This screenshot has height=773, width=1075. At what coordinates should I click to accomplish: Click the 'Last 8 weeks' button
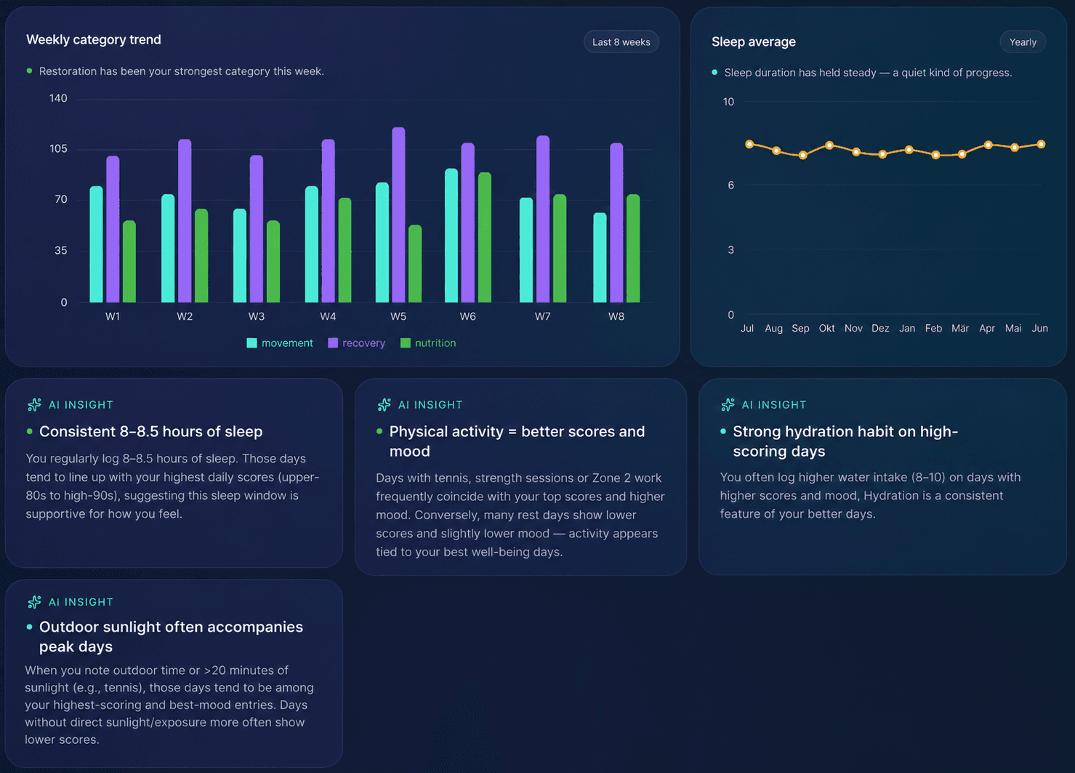(x=621, y=42)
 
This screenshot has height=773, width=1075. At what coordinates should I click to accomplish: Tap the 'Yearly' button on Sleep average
(x=1023, y=42)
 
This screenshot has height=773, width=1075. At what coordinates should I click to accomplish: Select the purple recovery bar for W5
(x=398, y=215)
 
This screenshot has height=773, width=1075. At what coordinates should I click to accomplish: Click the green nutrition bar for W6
(x=485, y=237)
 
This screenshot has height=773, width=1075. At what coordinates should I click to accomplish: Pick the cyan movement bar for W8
(x=600, y=257)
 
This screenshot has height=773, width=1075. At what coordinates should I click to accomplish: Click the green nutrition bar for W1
(x=129, y=261)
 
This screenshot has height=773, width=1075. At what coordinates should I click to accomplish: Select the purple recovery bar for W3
(x=257, y=228)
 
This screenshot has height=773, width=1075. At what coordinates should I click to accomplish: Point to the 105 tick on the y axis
(x=59, y=149)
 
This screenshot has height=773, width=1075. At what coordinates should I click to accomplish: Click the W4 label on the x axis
(x=329, y=316)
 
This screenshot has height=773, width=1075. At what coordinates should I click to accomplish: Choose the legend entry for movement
(x=279, y=343)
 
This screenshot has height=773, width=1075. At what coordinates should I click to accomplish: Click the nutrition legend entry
(x=428, y=343)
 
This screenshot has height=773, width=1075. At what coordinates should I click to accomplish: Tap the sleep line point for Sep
(x=802, y=155)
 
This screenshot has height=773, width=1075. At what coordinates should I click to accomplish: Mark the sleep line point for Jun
(x=1041, y=144)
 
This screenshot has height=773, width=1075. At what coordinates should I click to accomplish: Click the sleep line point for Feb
(x=935, y=155)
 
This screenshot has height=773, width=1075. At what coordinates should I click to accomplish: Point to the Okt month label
(x=826, y=329)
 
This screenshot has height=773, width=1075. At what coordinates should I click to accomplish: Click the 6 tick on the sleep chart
(x=730, y=185)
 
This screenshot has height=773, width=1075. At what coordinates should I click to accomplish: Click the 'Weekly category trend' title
(x=94, y=40)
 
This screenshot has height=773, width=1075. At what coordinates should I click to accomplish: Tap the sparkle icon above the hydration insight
(x=728, y=405)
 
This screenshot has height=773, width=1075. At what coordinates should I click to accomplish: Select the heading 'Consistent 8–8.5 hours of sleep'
(x=150, y=432)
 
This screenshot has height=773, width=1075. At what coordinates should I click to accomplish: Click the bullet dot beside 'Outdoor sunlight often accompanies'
(x=30, y=627)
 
